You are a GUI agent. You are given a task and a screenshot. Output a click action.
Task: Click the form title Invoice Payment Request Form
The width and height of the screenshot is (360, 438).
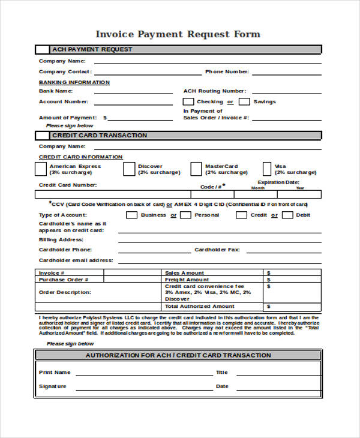pos(178,34)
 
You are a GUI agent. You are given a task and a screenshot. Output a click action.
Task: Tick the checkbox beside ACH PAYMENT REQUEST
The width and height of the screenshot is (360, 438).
pos(43,49)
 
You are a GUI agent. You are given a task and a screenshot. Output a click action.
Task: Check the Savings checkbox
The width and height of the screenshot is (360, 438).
pos(247,102)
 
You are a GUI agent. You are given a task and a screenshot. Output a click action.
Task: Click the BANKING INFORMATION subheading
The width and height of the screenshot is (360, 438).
pos(74,82)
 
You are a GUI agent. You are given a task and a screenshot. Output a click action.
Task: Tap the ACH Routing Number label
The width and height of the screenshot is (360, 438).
pos(214,91)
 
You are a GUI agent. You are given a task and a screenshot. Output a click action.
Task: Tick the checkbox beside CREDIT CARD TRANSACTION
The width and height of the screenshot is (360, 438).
pos(43,136)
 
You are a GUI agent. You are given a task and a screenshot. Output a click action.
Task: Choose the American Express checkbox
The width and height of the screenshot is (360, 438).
pos(43,169)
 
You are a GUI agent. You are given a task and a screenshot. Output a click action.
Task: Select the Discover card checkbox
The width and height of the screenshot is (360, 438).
pos(129,169)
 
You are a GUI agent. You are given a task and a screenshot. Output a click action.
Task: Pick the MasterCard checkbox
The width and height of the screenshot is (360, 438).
pos(196,169)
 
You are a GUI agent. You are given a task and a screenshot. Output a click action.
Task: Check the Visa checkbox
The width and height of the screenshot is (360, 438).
pos(268,169)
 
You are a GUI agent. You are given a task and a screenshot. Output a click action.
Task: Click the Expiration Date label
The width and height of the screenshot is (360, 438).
pos(278,182)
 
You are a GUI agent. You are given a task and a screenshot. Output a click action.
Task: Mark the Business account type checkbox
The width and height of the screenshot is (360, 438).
pos(131,215)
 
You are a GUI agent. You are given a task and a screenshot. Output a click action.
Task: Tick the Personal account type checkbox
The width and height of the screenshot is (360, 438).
pos(187,215)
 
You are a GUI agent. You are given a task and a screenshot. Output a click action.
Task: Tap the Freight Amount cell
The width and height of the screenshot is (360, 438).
pos(187,280)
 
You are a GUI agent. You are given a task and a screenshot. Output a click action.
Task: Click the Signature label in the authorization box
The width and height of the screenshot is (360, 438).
pos(53,386)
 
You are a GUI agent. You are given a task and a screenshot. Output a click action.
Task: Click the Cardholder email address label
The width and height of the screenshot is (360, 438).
pos(76,260)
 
